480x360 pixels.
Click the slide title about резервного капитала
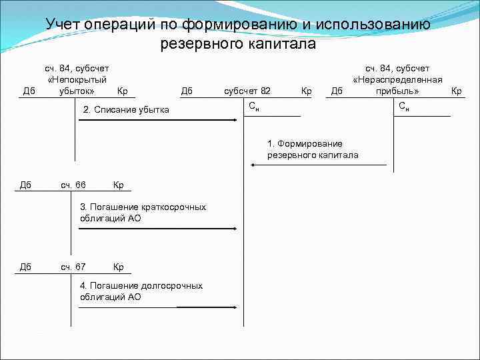point(238,34)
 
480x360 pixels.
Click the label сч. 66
point(73,185)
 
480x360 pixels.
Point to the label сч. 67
point(73,267)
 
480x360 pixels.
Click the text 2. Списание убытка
point(125,109)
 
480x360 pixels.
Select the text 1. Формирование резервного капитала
point(312,149)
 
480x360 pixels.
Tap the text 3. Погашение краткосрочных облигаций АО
point(143,212)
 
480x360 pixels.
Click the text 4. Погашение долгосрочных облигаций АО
point(141,291)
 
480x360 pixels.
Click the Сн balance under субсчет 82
point(254,107)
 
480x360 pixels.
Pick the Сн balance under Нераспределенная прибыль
point(404,107)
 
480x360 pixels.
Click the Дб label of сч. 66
point(25,185)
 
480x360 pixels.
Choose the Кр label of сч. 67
point(119,267)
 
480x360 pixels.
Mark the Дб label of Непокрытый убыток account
point(29,91)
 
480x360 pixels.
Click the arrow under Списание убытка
point(160,120)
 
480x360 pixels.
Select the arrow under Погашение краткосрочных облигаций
point(157,228)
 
